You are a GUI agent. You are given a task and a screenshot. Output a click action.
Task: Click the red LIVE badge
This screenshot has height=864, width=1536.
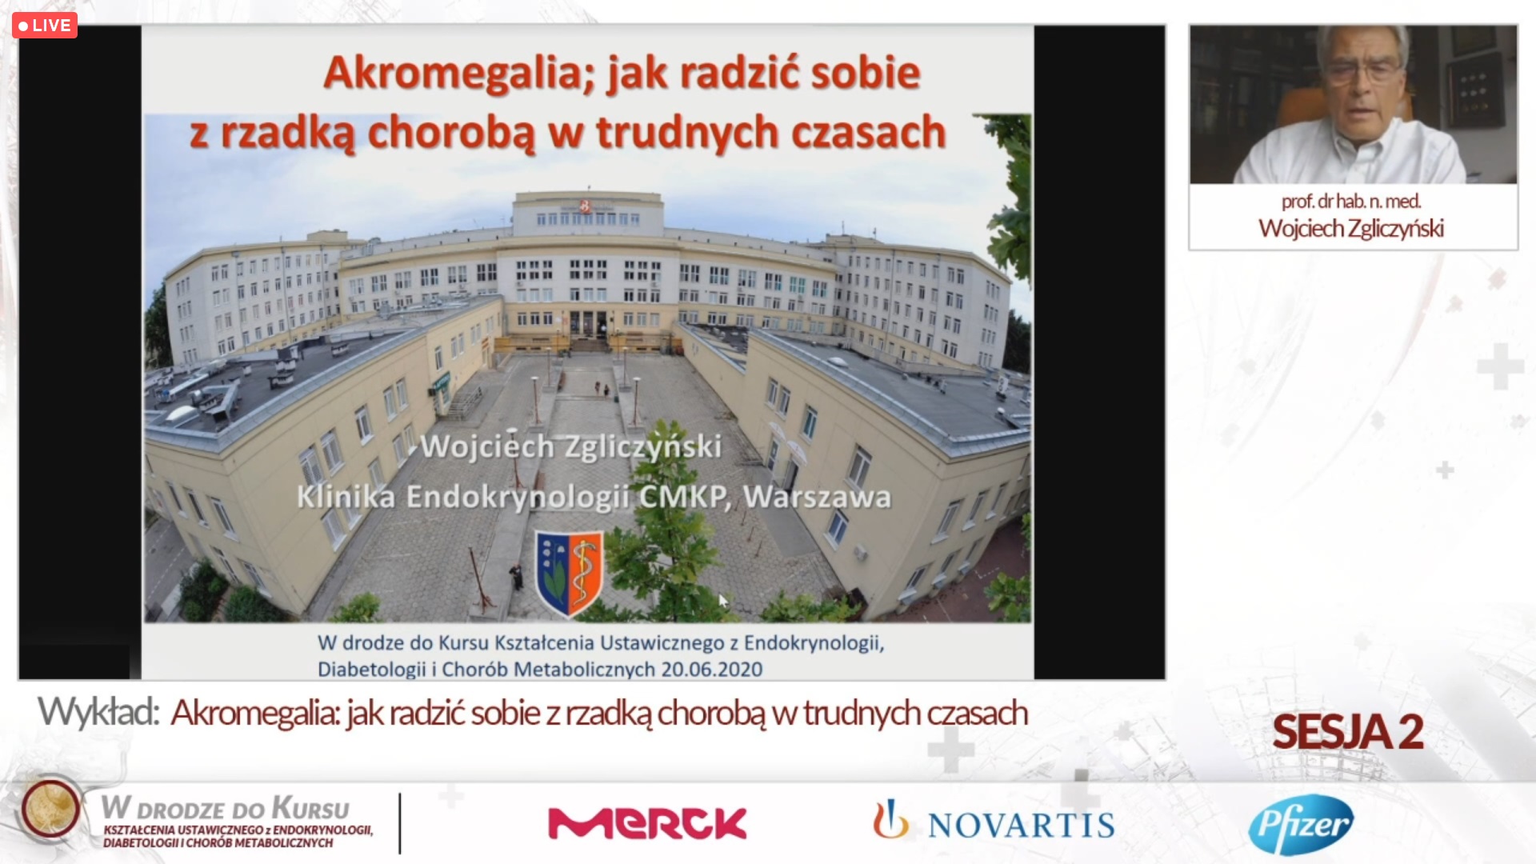click(45, 26)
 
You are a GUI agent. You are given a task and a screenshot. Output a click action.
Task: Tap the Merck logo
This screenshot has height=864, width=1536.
click(647, 823)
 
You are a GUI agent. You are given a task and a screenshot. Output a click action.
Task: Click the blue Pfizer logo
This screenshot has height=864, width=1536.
click(1301, 824)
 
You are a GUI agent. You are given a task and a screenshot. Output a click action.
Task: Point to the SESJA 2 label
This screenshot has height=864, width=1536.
click(1348, 732)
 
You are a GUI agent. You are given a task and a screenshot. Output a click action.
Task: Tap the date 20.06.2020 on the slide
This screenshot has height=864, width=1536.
click(711, 669)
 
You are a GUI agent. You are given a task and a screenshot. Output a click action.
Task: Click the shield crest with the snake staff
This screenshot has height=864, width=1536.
click(570, 573)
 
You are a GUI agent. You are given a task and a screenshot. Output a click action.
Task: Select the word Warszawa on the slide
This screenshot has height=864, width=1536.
click(817, 497)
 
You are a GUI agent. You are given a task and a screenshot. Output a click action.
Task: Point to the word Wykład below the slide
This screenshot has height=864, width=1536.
click(98, 713)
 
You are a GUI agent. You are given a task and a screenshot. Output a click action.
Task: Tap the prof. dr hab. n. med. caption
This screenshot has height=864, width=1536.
click(1351, 202)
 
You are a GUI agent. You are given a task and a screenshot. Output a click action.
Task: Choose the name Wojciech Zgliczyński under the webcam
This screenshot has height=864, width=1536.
click(1351, 229)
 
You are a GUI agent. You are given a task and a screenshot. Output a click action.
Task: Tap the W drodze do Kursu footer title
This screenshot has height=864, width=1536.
click(226, 808)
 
